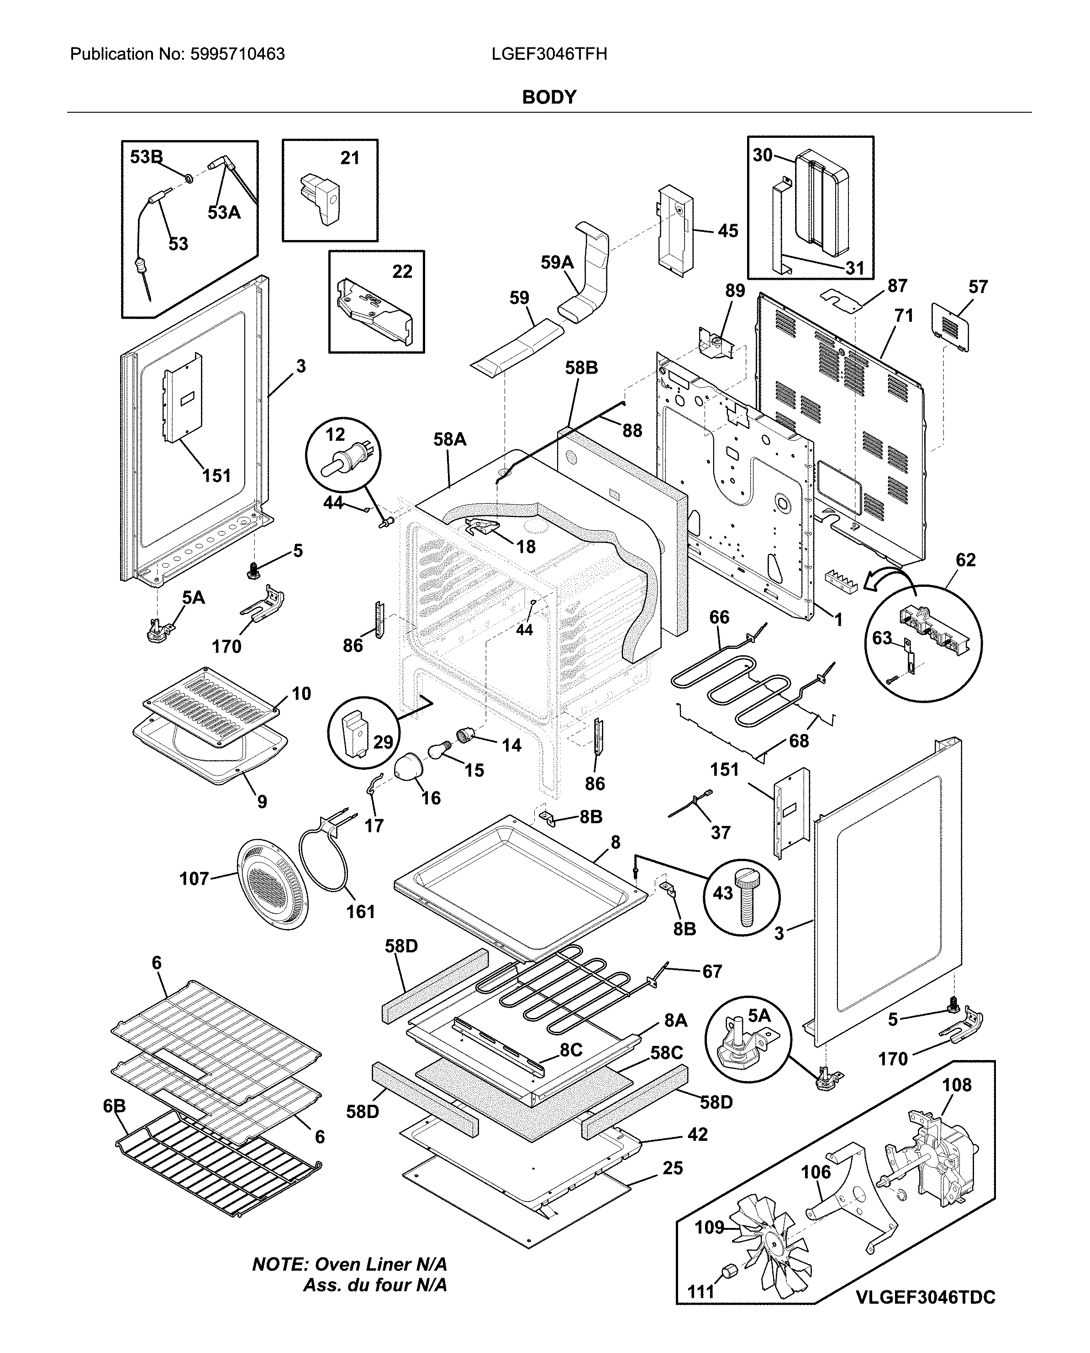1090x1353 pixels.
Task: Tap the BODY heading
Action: [549, 97]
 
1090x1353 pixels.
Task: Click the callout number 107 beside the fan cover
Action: [194, 878]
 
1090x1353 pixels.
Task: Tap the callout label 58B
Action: [581, 368]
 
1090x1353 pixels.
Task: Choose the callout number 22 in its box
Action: [402, 272]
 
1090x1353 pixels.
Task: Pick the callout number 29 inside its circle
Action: [383, 742]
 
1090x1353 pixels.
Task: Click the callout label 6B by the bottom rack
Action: [114, 1107]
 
